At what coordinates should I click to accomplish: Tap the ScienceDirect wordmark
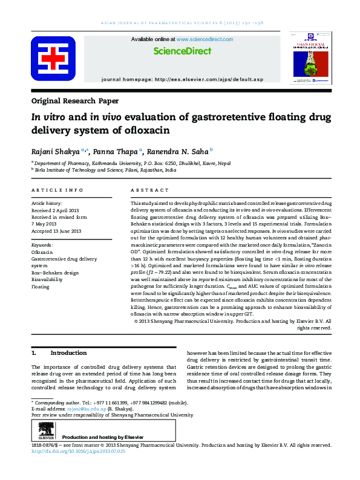[x=182, y=51]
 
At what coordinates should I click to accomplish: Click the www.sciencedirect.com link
[x=204, y=39]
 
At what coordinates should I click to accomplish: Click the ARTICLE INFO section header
[x=57, y=191]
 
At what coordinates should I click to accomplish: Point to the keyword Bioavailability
[x=50, y=280]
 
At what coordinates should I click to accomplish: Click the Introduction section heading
[x=68, y=352]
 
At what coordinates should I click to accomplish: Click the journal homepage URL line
[x=182, y=79]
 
